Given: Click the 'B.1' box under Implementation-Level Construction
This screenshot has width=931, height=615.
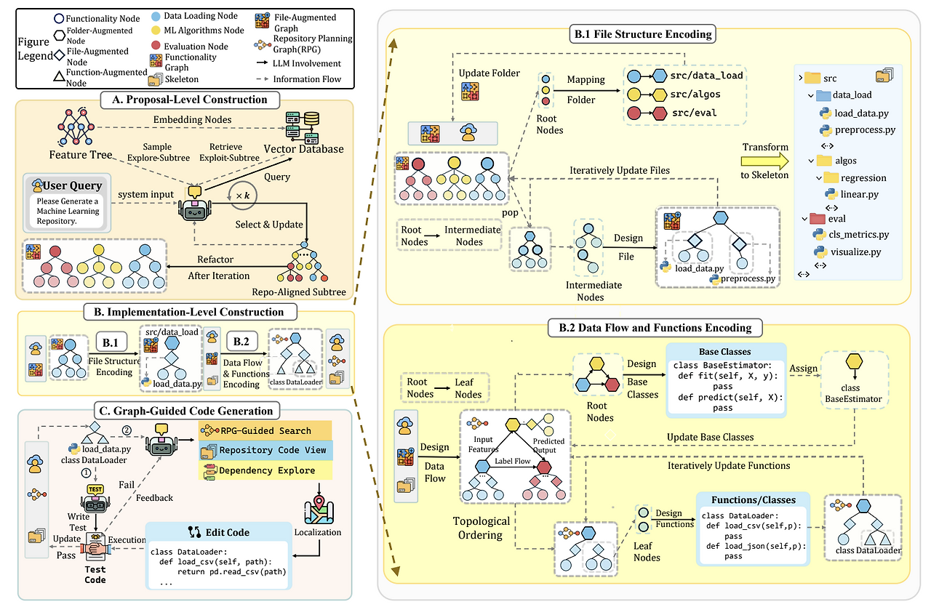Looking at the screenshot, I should tap(111, 340).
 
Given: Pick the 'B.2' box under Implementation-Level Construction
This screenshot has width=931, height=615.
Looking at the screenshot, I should tap(241, 340).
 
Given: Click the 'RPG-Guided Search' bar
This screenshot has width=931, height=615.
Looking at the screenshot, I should tap(265, 430).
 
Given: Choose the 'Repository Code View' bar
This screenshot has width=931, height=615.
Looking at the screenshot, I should tap(265, 450).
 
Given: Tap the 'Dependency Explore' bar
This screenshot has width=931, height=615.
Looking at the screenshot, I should tap(265, 470).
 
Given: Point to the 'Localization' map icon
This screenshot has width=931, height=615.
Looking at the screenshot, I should tap(318, 510).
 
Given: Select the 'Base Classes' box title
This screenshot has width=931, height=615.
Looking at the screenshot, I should tap(724, 351).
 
